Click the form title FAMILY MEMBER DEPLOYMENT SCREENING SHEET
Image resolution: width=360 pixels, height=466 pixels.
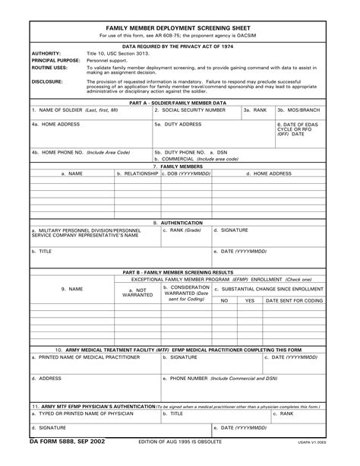point(180,25)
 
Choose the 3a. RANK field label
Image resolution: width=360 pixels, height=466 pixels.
point(255,109)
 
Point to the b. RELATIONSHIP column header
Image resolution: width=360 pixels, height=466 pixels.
point(137,173)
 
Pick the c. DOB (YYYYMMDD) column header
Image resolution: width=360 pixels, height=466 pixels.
point(188,173)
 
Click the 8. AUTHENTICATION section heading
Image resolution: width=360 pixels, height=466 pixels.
point(178,223)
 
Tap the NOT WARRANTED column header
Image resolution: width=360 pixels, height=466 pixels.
point(137,293)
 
